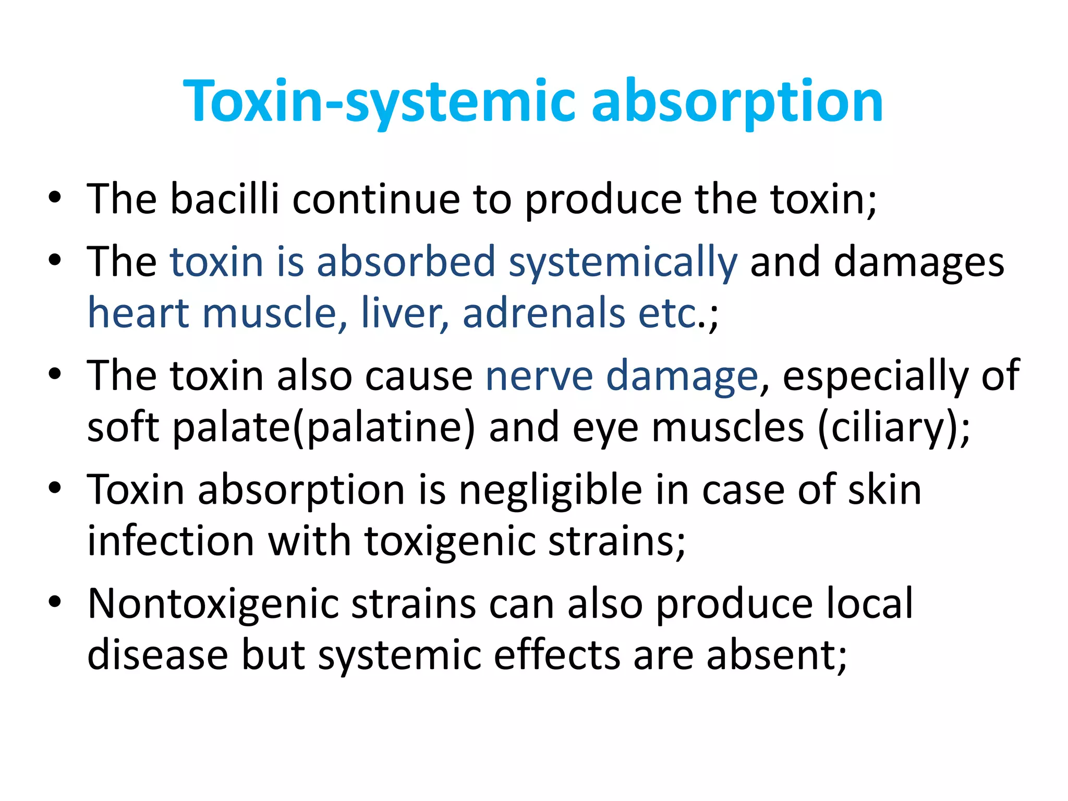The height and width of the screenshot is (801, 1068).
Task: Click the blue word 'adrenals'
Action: tap(544, 313)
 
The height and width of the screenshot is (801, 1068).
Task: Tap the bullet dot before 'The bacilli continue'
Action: tap(55, 198)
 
